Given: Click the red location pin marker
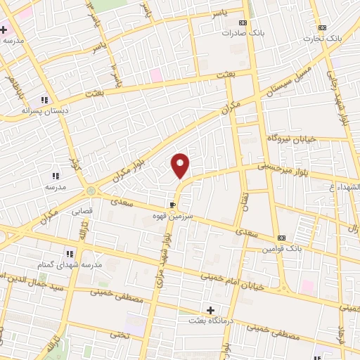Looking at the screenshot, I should point(181,165).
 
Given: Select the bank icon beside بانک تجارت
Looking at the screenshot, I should point(322,27).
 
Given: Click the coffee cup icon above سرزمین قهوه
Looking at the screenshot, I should point(172,205).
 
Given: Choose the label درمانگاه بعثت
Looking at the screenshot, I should point(210,321).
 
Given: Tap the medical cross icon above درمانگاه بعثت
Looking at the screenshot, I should point(210,310).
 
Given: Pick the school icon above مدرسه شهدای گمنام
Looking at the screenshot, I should point(69,254).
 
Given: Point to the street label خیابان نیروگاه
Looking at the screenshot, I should point(289,139).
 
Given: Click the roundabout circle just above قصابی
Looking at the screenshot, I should point(91,191).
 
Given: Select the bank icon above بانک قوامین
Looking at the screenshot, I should point(281,238).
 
